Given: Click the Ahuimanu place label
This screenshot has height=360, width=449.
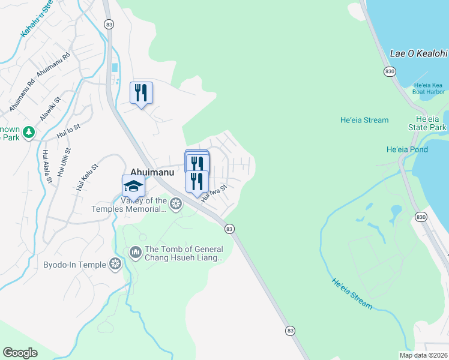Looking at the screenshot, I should [x=152, y=172].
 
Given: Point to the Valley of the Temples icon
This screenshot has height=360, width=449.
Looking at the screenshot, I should [x=176, y=204].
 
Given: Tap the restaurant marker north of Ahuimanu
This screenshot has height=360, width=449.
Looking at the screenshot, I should [x=141, y=93].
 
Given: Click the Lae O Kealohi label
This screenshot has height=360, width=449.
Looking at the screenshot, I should [x=419, y=53].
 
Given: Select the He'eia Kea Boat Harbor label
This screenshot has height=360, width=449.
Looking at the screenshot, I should [x=429, y=88].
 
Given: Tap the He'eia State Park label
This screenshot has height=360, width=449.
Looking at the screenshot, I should [x=430, y=124].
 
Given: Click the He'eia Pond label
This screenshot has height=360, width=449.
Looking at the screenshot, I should [x=407, y=149].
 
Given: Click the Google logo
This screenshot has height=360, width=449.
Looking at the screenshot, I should [x=20, y=352].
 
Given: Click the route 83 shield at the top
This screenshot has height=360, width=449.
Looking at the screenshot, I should [x=108, y=24].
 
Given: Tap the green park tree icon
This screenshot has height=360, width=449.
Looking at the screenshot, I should [x=28, y=131].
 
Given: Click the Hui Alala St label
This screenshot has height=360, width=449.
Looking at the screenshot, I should [x=46, y=166].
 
